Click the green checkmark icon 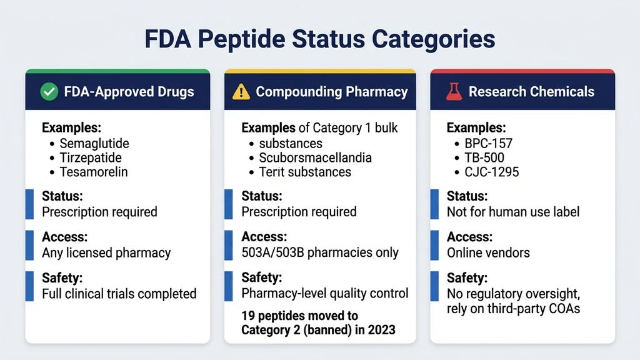pos(49,92)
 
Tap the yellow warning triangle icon pos(241,92)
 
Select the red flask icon pos(453,92)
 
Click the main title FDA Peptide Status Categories pos(319,39)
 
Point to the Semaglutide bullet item pos(94,143)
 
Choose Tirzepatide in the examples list pos(91,157)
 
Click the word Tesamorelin pos(93,172)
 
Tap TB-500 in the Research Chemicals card pos(484,157)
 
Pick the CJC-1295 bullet pos(491,172)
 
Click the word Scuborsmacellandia pos(315,157)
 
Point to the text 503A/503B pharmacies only pos(320,252)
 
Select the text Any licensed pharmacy pos(106,252)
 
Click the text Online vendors pos(488,252)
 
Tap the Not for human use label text pos(512,212)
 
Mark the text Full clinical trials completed pos(119,293)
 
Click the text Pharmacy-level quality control pos(325,293)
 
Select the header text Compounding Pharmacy pos(331,92)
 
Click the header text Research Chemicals pos(531,92)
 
